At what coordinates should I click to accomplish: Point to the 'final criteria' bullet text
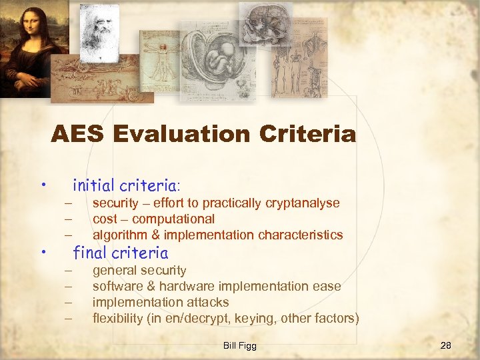120,253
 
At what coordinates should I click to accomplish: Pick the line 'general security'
139,270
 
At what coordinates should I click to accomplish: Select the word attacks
206,302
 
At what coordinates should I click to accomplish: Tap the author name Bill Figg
240,345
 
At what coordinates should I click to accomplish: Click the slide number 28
446,345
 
